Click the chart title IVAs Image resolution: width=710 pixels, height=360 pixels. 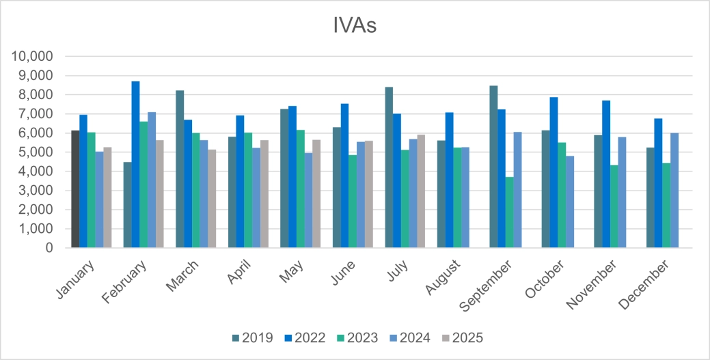(354, 27)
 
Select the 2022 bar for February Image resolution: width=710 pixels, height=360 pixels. (135, 165)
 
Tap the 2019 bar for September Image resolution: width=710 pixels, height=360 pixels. (493, 167)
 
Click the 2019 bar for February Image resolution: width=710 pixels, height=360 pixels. (127, 205)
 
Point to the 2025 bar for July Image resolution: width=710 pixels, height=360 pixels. (420, 191)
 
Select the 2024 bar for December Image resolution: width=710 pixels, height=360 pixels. (674, 191)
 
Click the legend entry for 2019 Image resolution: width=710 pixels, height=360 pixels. (253, 337)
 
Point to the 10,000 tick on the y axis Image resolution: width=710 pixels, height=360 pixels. (32, 56)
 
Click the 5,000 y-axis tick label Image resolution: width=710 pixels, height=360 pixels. (36, 152)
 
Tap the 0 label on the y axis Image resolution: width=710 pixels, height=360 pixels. (49, 249)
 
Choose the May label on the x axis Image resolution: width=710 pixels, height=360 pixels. (288, 271)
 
